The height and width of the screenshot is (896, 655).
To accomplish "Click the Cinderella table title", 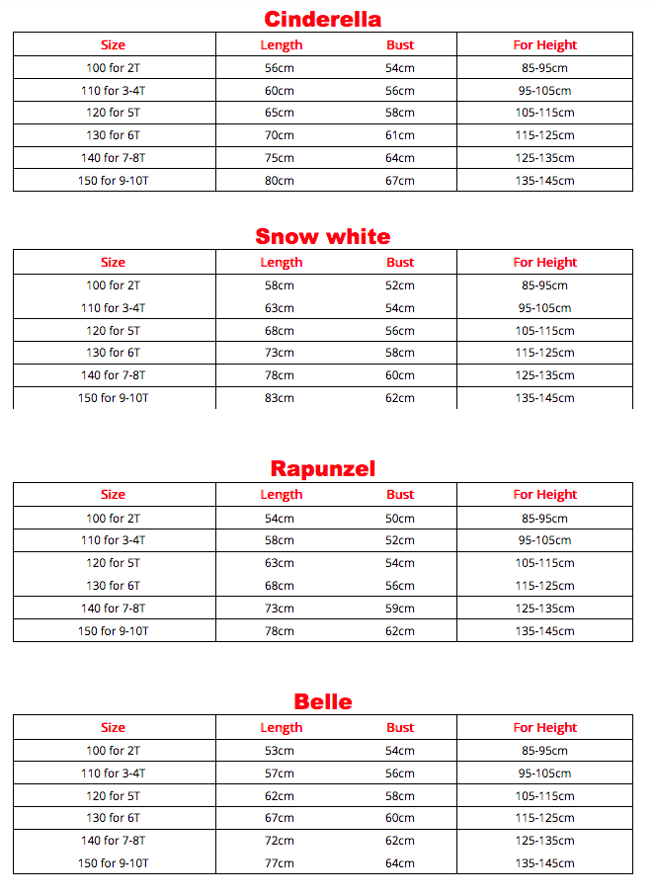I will coord(322,19).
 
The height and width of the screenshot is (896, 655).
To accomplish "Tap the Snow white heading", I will coord(322,236).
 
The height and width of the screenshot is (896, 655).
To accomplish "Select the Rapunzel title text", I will coord(322,468).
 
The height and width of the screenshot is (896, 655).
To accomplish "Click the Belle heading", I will coord(322,701).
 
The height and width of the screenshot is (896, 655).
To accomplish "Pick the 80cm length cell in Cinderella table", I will coord(280,181).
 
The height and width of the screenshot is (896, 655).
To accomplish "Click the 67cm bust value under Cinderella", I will coord(400,181).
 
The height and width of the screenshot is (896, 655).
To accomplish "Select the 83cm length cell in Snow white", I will coord(280,398).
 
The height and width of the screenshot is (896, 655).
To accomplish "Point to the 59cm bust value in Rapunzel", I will coord(400,609).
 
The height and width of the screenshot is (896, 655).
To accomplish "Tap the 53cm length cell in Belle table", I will coord(280,751).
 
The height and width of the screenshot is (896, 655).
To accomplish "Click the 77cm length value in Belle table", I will coord(280,863).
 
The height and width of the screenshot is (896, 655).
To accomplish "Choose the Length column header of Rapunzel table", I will coord(281,494).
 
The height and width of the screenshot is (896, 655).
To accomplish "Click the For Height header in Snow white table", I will coord(544,262).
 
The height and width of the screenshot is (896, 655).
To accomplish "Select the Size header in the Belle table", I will coord(113,727).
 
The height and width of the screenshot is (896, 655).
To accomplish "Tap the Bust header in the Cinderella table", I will coord(400,44).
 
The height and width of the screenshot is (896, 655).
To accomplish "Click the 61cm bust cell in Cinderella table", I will coord(400,135).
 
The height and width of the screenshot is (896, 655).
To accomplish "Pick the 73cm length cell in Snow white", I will coord(280,353).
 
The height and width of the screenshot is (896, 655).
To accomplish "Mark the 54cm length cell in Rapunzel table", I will coord(280,518).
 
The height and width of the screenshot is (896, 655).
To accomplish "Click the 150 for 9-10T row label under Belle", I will coord(113,863).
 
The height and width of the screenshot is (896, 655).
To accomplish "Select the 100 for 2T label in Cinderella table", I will coord(113,68).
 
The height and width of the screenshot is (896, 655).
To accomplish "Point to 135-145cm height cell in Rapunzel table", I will coord(544,631).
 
